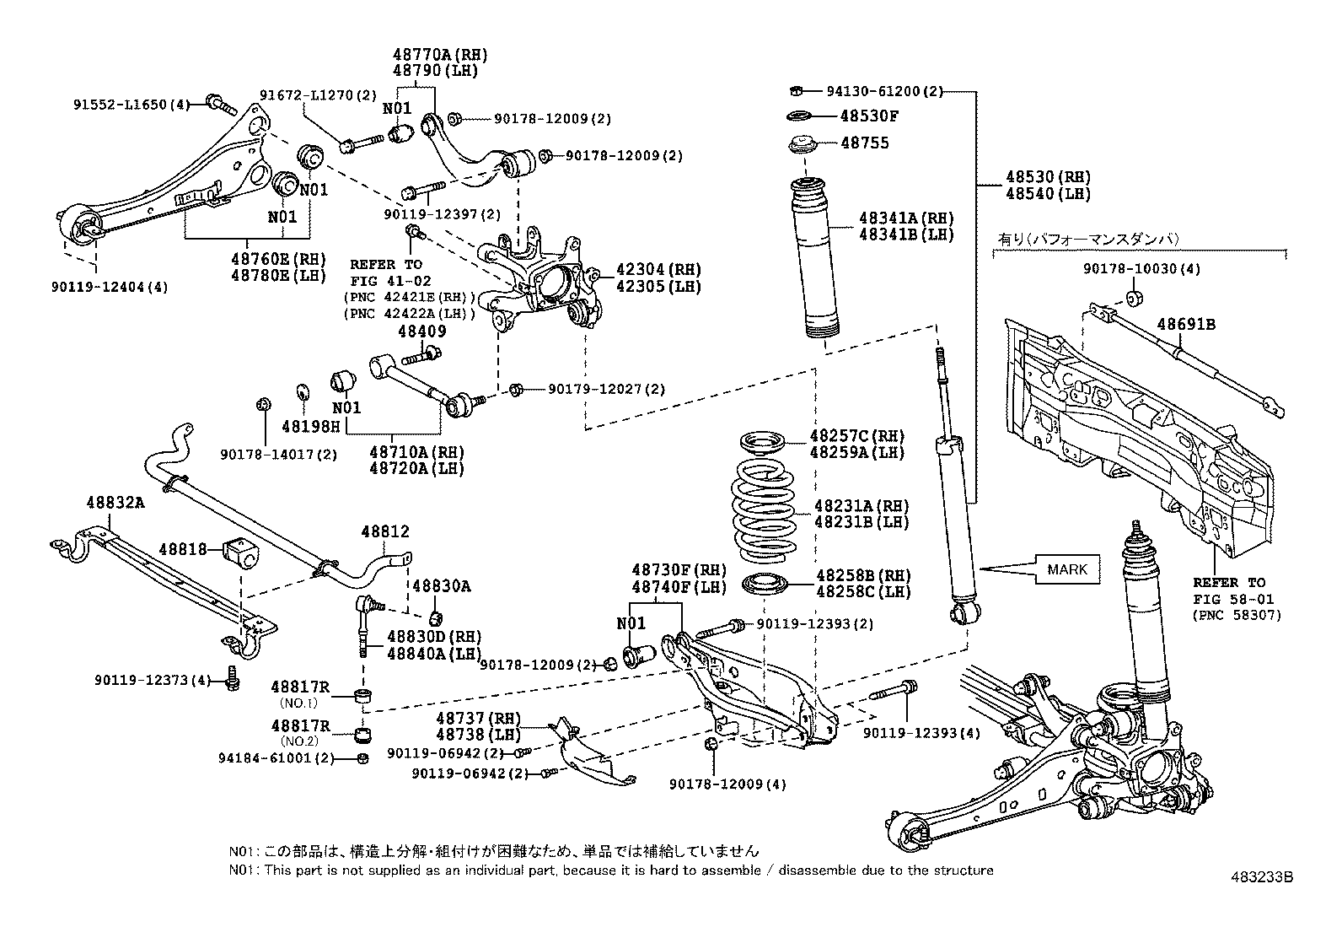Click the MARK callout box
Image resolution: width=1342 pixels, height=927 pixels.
pos(1067,569)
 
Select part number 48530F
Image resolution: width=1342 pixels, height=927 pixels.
pos(869,116)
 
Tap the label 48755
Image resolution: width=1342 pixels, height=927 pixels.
pos(865,143)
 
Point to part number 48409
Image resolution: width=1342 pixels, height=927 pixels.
pos(422,331)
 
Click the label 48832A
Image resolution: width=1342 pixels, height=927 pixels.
pos(115,503)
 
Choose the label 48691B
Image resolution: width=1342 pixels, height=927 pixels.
pos(1186,325)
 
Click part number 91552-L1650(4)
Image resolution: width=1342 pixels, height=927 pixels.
pos(132,105)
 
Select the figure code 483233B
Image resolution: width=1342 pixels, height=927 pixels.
pos(1262,877)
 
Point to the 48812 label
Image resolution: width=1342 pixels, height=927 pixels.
pos(384,531)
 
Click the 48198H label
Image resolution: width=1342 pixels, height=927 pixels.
pos(311,426)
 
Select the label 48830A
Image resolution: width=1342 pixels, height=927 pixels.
pos(441,586)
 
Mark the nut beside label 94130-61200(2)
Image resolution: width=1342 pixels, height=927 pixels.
pos(797,91)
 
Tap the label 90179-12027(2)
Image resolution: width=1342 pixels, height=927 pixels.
pos(606,389)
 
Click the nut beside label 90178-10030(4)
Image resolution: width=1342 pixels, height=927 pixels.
pos(1134,298)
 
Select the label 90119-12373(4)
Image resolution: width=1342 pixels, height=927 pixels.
pos(153,680)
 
